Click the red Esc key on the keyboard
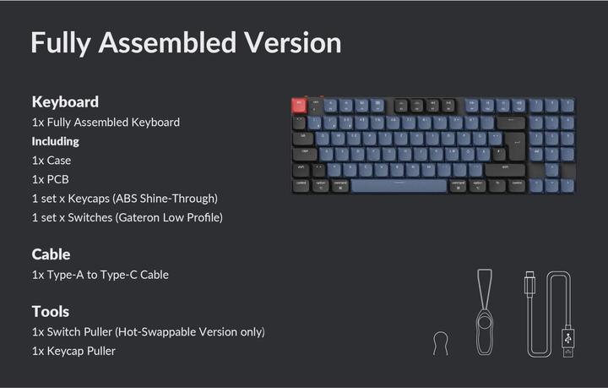298,105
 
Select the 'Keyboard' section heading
65,101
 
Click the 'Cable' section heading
51,254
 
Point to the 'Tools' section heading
50,311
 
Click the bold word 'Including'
55,141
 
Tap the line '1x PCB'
51,179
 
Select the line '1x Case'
52,161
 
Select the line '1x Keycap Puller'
73,351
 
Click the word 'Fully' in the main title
58,42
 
